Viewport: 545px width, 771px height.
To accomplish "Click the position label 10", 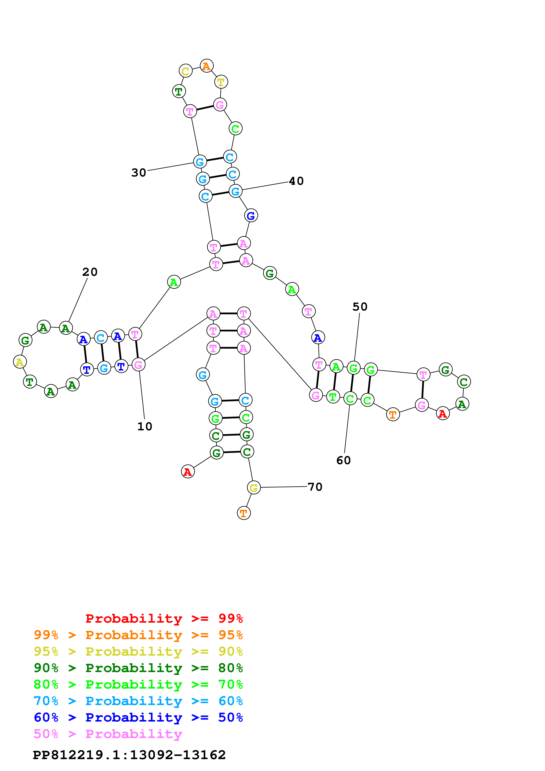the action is (145, 426).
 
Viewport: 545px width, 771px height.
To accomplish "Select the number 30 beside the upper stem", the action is (139, 173).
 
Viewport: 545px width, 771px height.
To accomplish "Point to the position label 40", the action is (296, 181).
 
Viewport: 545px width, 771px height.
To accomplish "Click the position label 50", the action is (360, 307).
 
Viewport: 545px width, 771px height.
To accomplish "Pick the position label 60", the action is (344, 460).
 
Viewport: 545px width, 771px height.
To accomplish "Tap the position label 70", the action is (315, 487).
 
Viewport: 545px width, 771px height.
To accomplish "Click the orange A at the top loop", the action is (206, 66).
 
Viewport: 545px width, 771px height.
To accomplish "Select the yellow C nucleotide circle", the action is (185, 71).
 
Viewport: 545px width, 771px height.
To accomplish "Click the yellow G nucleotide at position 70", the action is (253, 487).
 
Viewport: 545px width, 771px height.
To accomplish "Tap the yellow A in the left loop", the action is (20, 362).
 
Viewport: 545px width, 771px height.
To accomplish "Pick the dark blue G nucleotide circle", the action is (251, 216).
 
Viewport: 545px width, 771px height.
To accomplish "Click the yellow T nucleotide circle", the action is (221, 82).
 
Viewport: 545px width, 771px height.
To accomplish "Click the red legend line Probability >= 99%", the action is (164, 618).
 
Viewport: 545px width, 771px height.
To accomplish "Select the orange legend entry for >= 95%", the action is (138, 635).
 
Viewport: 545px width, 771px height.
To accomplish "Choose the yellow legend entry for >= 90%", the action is (138, 651).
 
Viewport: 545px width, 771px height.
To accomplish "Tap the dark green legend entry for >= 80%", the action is (138, 668).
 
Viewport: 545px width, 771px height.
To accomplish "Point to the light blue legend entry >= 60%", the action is (138, 701).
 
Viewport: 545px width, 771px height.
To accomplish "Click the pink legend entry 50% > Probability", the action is (108, 734).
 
